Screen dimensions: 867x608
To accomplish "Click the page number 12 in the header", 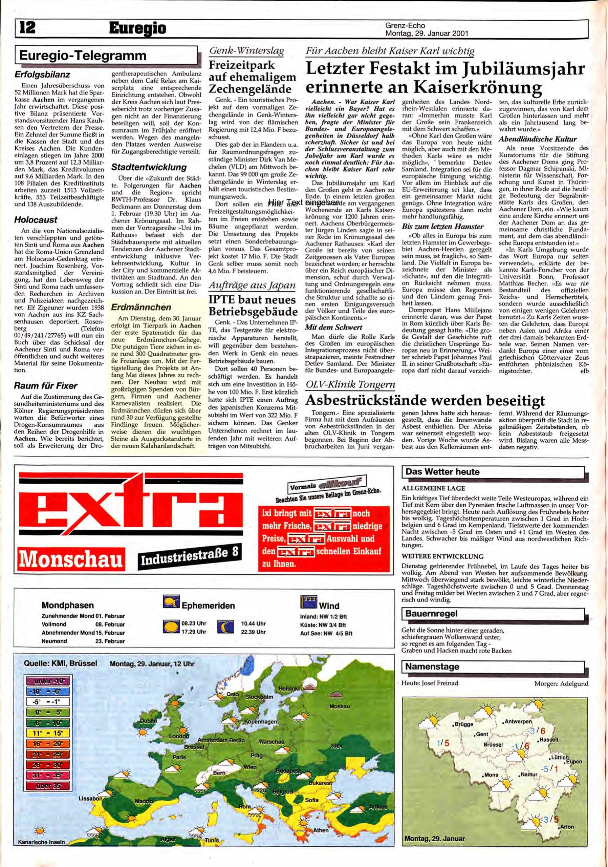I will click(25, 28).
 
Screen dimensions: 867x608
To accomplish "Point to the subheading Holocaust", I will click(36, 219).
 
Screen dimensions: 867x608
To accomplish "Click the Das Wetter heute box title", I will click(442, 472).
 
